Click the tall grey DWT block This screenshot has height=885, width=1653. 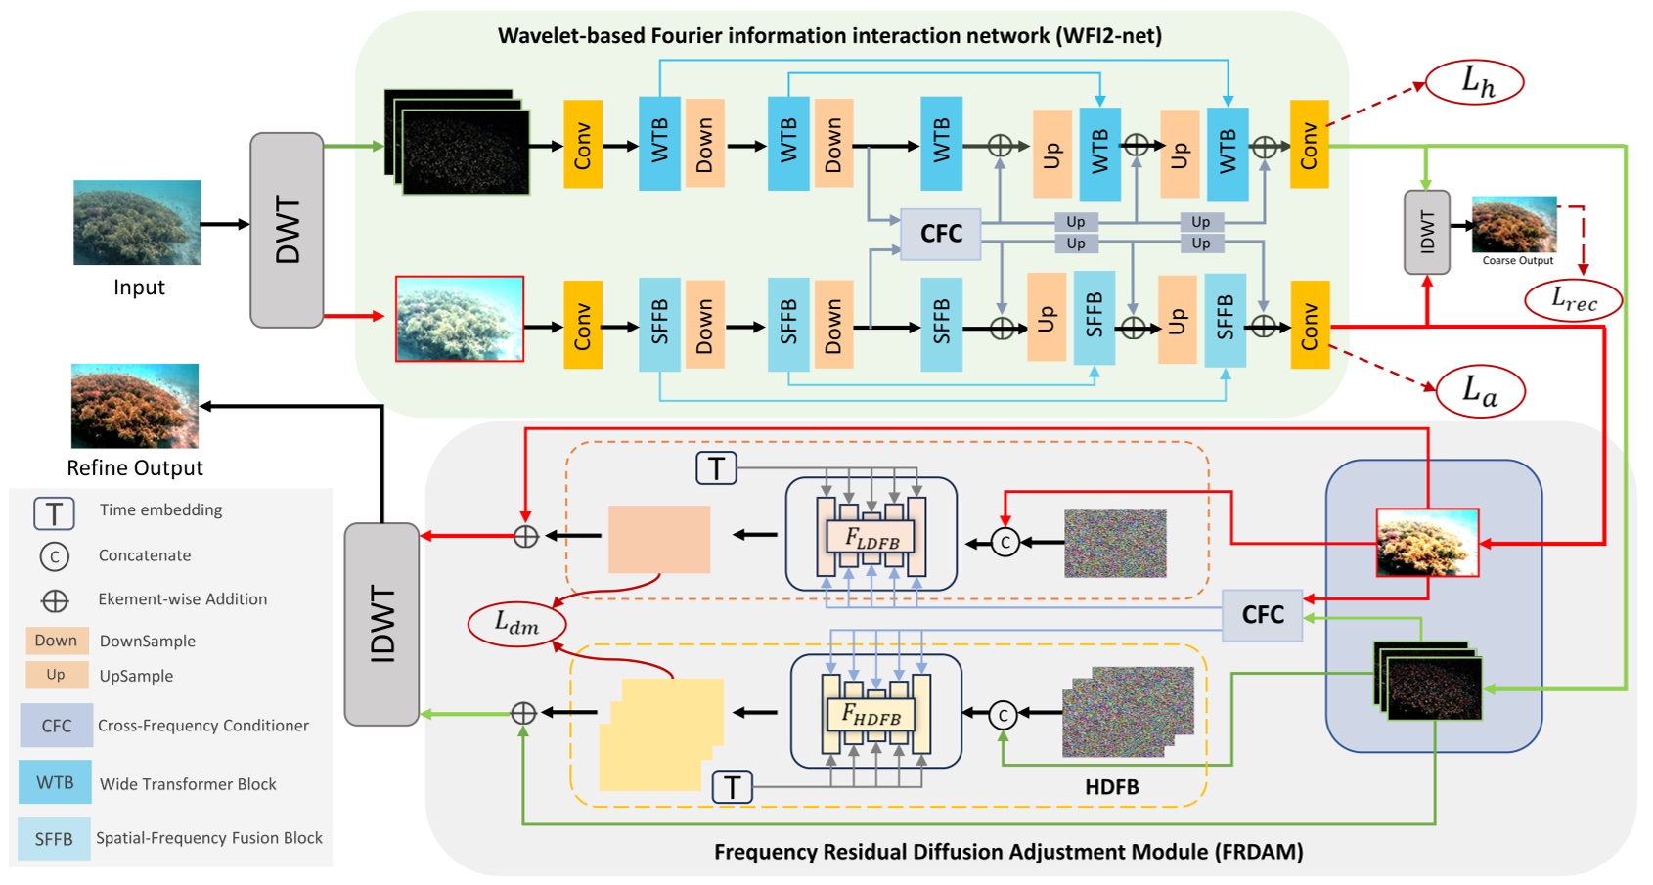287,230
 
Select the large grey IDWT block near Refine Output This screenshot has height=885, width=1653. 381,624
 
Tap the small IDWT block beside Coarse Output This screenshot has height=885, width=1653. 1426,232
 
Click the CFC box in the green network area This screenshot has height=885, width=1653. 940,234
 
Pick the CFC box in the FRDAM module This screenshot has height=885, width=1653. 1262,615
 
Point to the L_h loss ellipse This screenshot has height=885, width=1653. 1475,82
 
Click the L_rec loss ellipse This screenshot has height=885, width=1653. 1573,300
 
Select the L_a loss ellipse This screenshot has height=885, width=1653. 1480,392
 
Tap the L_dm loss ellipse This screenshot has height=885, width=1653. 516,624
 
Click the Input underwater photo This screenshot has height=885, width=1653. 137,222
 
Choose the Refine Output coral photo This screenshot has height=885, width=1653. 135,406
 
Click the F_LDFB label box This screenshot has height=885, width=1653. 871,537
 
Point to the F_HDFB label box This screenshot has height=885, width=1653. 871,715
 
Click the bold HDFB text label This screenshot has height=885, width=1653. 1111,787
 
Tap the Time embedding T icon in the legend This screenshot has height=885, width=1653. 54,512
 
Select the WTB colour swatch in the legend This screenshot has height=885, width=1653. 55,782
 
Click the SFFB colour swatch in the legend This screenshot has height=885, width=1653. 54,839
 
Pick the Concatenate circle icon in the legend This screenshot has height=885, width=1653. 54,556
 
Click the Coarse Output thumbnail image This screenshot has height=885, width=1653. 1513,224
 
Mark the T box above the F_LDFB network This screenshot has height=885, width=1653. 716,468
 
